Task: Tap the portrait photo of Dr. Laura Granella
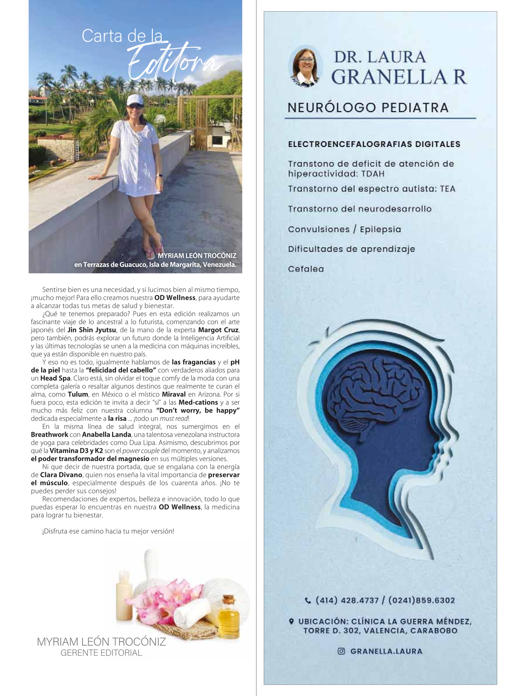coord(306,67)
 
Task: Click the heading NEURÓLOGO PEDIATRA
coord(368,108)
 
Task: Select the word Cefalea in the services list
coord(306,269)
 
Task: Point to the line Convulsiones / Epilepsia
coord(344,229)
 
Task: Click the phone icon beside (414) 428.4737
coord(308,601)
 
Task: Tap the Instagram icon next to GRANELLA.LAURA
coord(341,651)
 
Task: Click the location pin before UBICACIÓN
coord(291,621)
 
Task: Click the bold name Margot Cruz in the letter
coord(219,330)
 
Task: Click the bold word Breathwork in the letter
coord(49,435)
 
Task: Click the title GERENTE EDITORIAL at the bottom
coord(101,653)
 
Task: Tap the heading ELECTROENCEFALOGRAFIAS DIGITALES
coord(374,144)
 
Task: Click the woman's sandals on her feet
coord(154,252)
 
